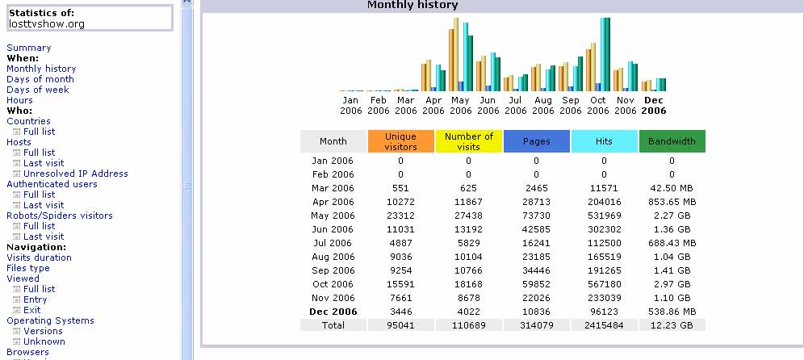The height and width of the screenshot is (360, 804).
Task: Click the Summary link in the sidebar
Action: (29, 48)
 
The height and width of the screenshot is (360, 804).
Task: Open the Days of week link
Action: (37, 90)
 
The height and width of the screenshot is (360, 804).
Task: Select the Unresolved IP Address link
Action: (76, 174)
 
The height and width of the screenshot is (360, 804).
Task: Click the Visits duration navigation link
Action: (39, 257)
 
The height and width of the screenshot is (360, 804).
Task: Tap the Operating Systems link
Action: (50, 320)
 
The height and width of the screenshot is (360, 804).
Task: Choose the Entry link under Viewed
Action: (35, 299)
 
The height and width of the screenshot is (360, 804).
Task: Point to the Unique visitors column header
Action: (401, 141)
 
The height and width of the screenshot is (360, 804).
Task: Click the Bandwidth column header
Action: (672, 141)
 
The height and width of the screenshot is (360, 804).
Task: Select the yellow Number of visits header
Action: (469, 141)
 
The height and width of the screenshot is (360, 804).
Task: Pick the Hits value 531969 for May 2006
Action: (604, 216)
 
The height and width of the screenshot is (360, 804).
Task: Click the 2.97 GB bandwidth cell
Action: (672, 284)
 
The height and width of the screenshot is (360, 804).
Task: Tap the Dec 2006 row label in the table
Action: (333, 312)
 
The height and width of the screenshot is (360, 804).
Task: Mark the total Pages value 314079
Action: (536, 325)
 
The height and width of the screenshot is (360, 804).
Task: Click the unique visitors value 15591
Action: (401, 284)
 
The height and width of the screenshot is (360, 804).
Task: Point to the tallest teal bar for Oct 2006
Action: (605, 54)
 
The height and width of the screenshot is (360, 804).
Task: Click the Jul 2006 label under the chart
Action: (515, 105)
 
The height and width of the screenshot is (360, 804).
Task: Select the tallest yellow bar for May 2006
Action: (456, 54)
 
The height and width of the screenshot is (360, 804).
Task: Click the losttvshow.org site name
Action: (47, 23)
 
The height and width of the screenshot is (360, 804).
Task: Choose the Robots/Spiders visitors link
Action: (60, 216)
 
